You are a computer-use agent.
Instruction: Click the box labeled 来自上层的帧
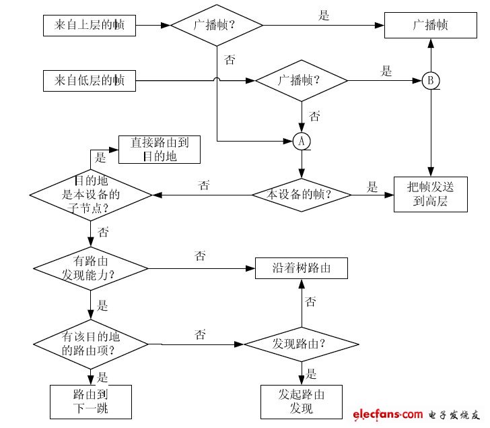(89, 26)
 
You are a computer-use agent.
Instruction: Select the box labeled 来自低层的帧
(89, 81)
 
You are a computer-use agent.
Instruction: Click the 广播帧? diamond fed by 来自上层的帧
(216, 26)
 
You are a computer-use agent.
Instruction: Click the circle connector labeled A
(302, 140)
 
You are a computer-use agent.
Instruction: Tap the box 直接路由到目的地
(160, 150)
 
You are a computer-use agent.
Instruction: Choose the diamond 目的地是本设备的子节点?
(90, 195)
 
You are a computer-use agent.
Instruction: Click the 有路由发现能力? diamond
(90, 268)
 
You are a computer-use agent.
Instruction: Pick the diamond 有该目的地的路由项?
(90, 344)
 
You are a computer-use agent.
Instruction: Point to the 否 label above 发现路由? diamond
(311, 301)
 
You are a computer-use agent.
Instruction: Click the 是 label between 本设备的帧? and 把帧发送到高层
(373, 187)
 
